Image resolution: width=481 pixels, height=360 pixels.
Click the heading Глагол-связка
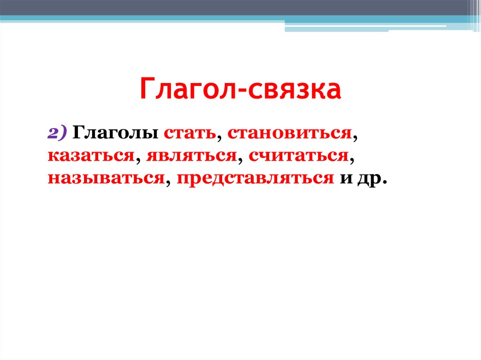tap(240, 90)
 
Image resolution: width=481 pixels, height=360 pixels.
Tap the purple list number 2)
tap(58, 133)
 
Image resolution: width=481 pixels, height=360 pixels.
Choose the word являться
tap(190, 156)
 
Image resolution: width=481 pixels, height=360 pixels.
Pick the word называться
tap(105, 178)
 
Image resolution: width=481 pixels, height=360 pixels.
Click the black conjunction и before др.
tap(347, 179)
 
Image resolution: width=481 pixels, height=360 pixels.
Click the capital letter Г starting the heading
tap(147, 90)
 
